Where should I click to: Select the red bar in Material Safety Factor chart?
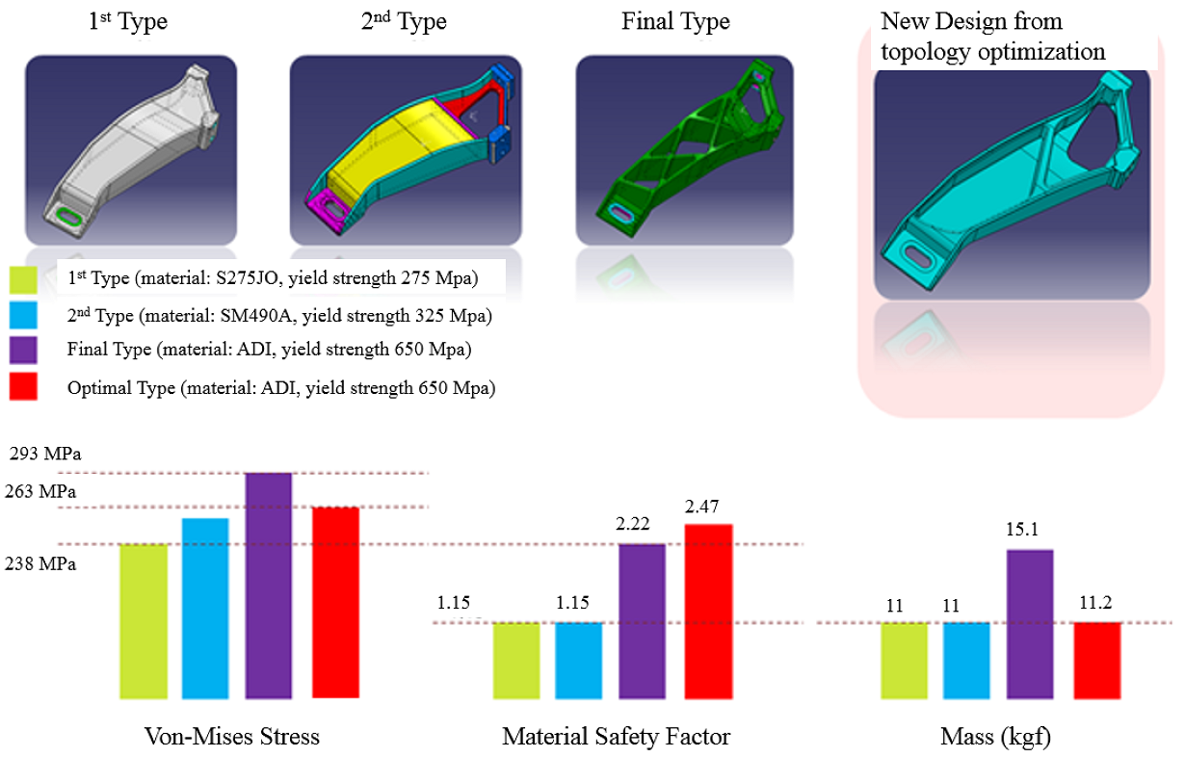click(709, 612)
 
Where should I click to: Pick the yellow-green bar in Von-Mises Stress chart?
click(143, 621)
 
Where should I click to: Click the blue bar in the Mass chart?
click(966, 661)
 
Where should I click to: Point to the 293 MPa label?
click(42, 455)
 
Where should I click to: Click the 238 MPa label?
click(42, 564)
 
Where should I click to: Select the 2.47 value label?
click(703, 508)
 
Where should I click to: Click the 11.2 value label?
click(1093, 605)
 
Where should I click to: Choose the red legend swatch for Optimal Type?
click(23, 387)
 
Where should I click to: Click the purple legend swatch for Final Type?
click(23, 351)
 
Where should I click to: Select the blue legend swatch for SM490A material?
click(23, 315)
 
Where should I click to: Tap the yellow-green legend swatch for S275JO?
click(23, 279)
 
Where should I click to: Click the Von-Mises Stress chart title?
click(231, 738)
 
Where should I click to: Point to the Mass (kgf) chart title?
click(995, 738)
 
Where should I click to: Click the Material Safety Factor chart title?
click(616, 738)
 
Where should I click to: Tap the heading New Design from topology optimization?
click(992, 37)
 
